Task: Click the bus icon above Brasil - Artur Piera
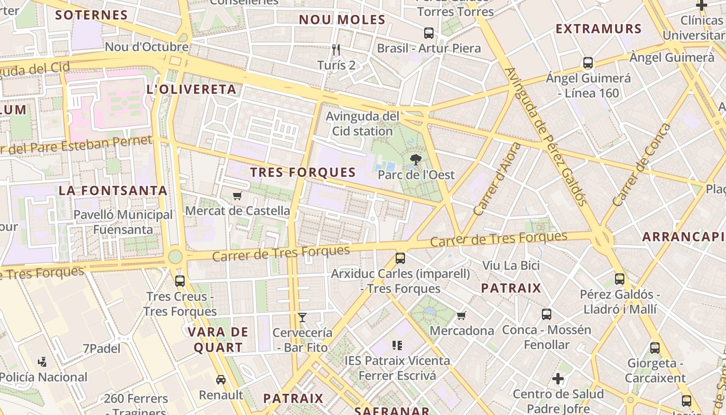click(429, 33)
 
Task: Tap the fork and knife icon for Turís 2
click(336, 50)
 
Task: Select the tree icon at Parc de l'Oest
click(415, 160)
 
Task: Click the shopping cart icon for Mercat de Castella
click(238, 196)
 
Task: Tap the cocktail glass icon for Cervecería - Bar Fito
click(302, 317)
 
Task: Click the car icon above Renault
click(221, 380)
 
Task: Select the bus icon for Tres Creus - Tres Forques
click(180, 281)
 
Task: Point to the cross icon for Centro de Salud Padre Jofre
click(558, 379)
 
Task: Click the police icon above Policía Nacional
click(43, 362)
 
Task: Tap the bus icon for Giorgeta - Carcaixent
click(655, 348)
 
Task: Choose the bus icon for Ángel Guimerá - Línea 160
click(588, 63)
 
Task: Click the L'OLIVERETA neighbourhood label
click(192, 89)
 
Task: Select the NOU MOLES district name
click(342, 20)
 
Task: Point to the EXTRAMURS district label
click(599, 29)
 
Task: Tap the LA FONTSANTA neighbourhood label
click(113, 190)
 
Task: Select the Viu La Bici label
click(511, 266)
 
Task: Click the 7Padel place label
click(102, 349)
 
